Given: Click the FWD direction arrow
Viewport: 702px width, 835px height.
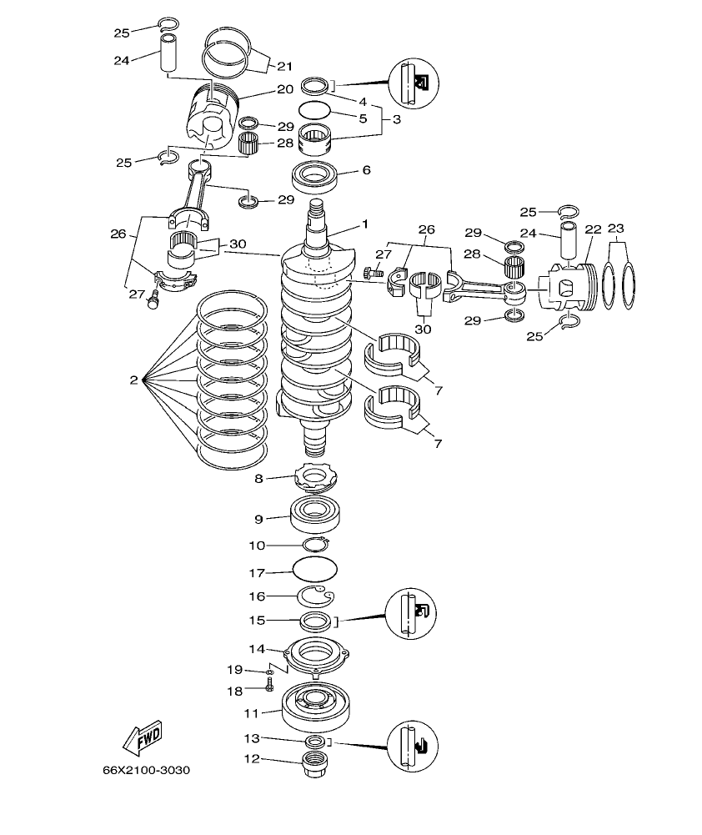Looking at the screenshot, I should tap(142, 737).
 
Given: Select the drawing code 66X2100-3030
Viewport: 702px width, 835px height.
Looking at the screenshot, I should tap(146, 769).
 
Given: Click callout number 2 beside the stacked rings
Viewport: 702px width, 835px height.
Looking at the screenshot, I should tap(133, 380).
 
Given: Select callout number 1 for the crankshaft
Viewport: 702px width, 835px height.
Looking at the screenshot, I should tap(364, 224).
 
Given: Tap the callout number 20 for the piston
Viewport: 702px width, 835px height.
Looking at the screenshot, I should tap(284, 88).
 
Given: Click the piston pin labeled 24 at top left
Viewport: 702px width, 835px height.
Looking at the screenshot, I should tap(171, 53).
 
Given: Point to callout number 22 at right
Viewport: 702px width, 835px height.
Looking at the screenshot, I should tap(593, 229).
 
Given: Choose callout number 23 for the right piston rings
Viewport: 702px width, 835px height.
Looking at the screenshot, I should tap(616, 229).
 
